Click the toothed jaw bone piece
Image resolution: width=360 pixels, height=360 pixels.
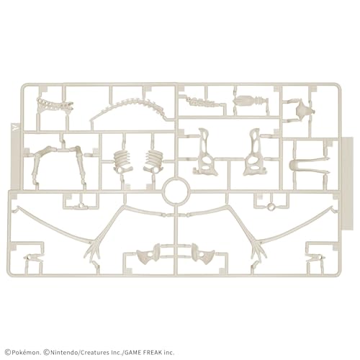[55, 104]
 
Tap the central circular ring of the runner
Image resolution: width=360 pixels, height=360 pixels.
[176, 191]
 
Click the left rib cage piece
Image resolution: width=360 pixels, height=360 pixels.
[122, 161]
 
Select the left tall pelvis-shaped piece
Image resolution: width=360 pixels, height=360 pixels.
[205, 153]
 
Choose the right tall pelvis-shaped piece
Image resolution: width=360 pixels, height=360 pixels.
[254, 153]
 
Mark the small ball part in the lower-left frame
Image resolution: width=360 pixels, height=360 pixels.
[81, 206]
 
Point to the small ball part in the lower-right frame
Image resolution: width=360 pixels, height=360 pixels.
[271, 206]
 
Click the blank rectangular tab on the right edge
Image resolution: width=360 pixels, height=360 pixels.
[347, 184]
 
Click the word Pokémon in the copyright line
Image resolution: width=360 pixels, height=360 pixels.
[25, 353]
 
